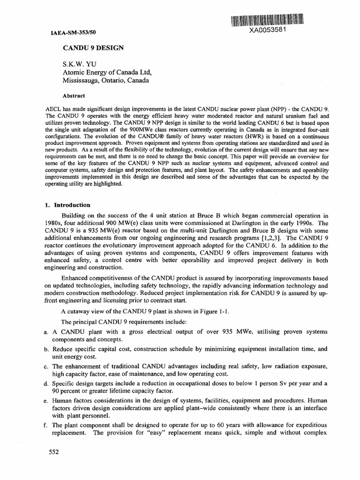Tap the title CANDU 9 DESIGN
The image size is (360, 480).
[x=94, y=48]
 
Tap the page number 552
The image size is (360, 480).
[x=55, y=452]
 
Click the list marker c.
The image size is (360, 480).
[x=41, y=366]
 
